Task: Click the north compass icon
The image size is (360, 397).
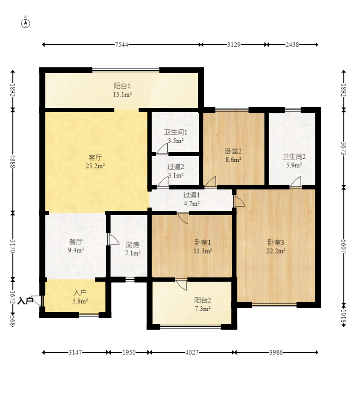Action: pyautogui.click(x=26, y=23)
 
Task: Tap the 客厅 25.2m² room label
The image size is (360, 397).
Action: pyautogui.click(x=96, y=162)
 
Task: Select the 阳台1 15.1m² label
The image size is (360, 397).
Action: pyautogui.click(x=123, y=89)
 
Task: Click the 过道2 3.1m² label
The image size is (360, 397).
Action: pyautogui.click(x=176, y=171)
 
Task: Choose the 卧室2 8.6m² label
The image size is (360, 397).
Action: pyautogui.click(x=233, y=155)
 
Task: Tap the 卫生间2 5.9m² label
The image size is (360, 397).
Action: pyautogui.click(x=294, y=161)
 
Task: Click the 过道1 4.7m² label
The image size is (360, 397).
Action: pyautogui.click(x=192, y=199)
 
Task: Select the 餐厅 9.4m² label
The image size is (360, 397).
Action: pyautogui.click(x=76, y=246)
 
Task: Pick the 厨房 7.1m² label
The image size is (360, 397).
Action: pyautogui.click(x=133, y=248)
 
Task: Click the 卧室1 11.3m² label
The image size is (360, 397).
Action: pyautogui.click(x=203, y=247)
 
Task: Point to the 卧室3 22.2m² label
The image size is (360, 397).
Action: pyautogui.click(x=276, y=247)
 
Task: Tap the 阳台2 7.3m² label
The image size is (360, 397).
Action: pyautogui.click(x=203, y=304)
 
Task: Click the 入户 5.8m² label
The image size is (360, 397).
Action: pyautogui.click(x=80, y=296)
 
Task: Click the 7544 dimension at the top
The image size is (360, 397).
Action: pyautogui.click(x=122, y=45)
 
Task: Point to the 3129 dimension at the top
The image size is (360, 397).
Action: pyautogui.click(x=234, y=45)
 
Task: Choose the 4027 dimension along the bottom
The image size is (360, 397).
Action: pyautogui.click(x=192, y=352)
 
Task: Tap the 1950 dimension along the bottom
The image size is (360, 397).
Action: pyautogui.click(x=129, y=352)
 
